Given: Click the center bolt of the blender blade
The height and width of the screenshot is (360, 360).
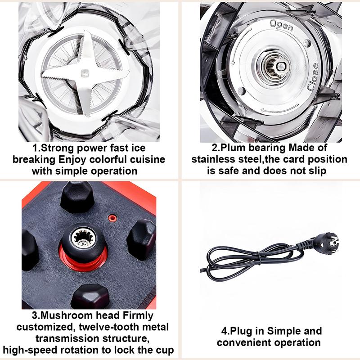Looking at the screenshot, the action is (x=84, y=73).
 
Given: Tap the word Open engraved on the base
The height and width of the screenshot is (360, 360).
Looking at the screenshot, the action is (x=282, y=25).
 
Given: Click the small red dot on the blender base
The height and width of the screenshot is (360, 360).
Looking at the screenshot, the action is (x=112, y=218).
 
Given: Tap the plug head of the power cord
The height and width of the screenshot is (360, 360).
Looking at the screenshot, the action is (x=325, y=243).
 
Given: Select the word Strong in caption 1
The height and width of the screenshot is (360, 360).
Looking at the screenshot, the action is (x=57, y=148).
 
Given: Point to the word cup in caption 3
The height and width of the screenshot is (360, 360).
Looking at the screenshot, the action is (x=165, y=351).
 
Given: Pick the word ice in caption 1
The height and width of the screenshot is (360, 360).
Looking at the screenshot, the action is (x=139, y=148).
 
